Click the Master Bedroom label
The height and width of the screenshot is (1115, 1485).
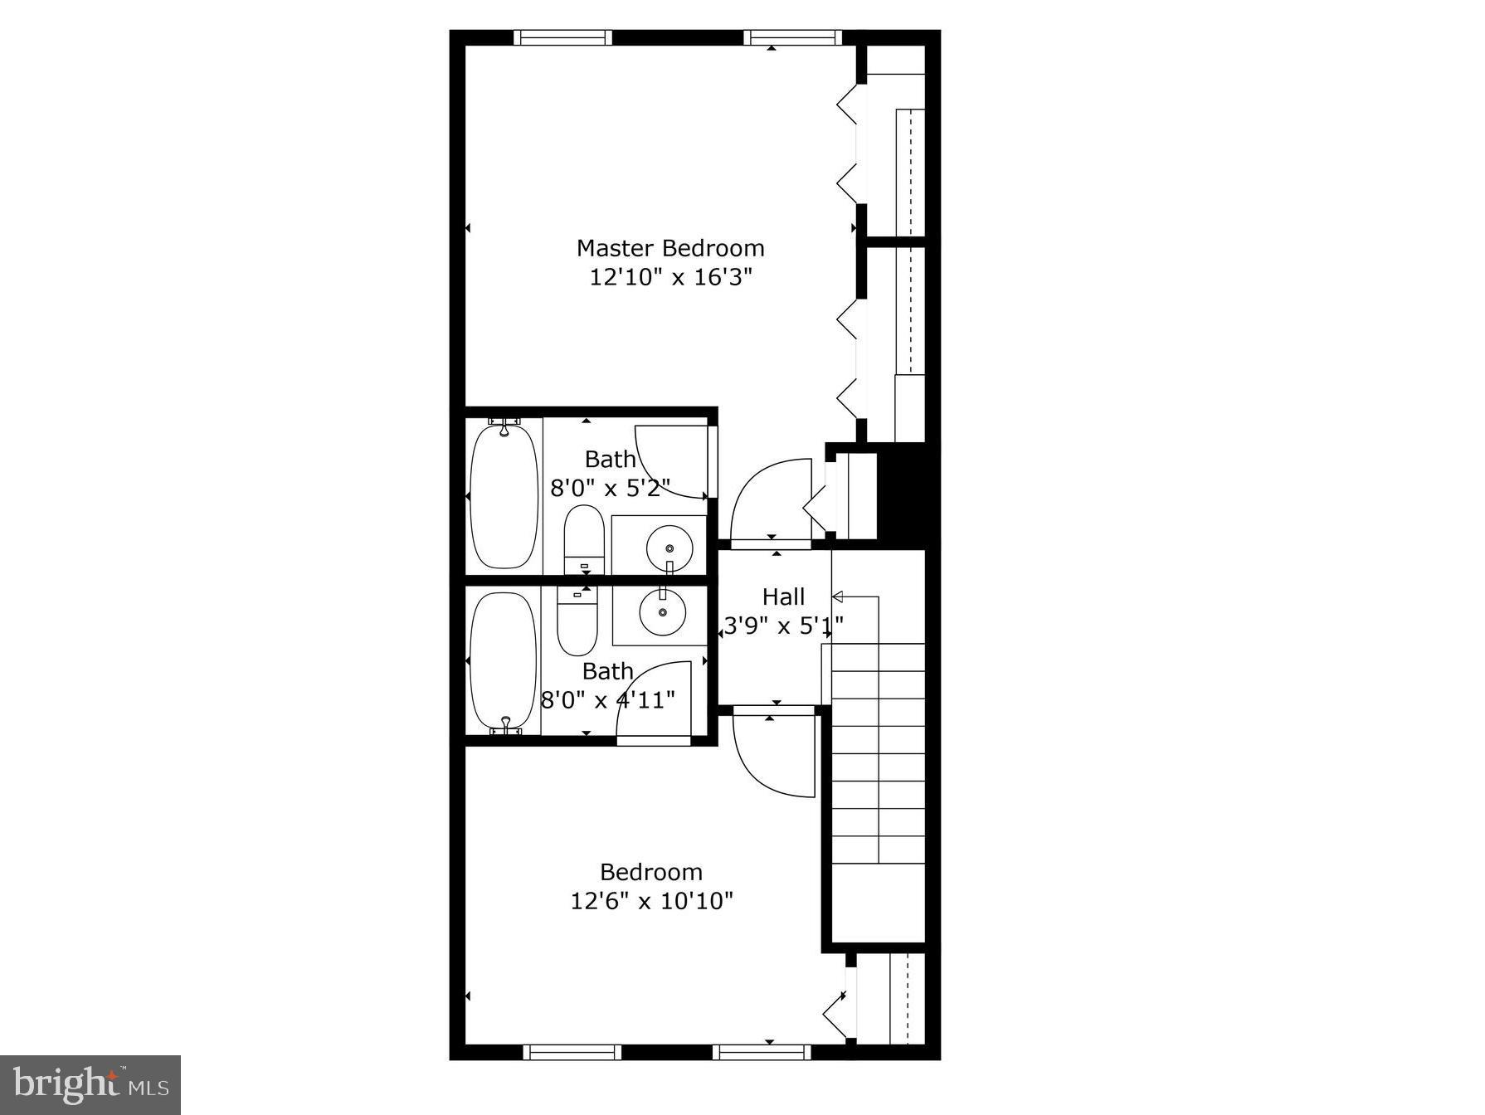pyautogui.click(x=670, y=248)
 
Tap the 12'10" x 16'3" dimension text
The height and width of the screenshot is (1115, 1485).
pyautogui.click(x=670, y=277)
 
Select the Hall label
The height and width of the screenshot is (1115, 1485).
pyautogui.click(x=783, y=596)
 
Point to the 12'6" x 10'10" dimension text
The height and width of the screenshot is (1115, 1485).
pyautogui.click(x=651, y=901)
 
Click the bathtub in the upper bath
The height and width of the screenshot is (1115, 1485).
pyautogui.click(x=504, y=496)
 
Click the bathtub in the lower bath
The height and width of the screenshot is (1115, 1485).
pyautogui.click(x=503, y=660)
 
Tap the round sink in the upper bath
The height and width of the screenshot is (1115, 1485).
pyautogui.click(x=669, y=548)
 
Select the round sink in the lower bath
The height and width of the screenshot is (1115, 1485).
pyautogui.click(x=662, y=612)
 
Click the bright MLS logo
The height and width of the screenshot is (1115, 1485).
pyautogui.click(x=90, y=1084)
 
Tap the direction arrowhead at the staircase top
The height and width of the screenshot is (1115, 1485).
pyautogui.click(x=837, y=596)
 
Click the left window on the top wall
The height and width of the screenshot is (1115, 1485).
pyautogui.click(x=562, y=37)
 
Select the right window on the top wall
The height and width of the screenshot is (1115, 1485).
pyautogui.click(x=792, y=37)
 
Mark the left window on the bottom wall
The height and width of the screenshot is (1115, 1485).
pyautogui.click(x=572, y=1052)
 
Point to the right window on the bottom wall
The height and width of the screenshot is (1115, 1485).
pyautogui.click(x=761, y=1052)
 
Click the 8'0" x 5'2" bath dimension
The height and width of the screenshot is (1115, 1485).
pyautogui.click(x=610, y=488)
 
